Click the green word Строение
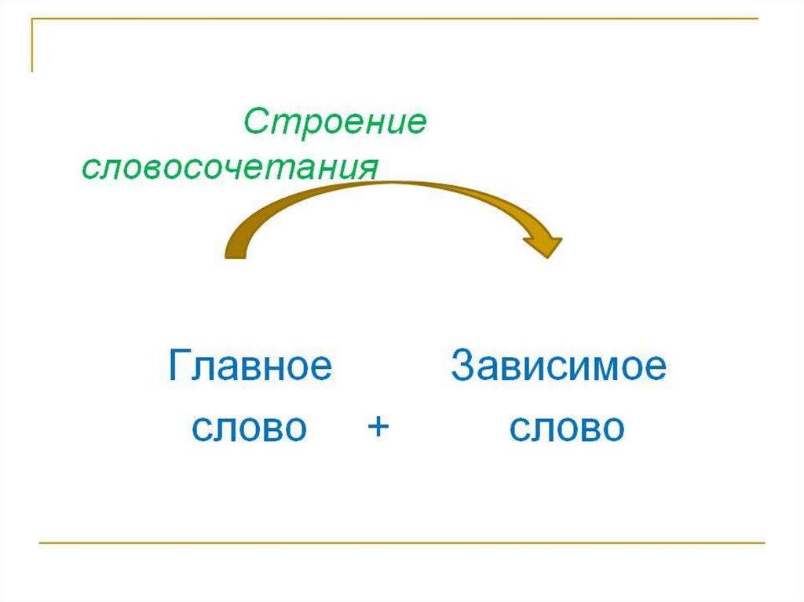[x=334, y=122]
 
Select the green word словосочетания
[x=230, y=168]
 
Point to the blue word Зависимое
[x=558, y=367]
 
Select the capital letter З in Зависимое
[x=463, y=367]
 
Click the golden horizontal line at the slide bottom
[x=400, y=542]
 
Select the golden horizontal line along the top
[x=393, y=19]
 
